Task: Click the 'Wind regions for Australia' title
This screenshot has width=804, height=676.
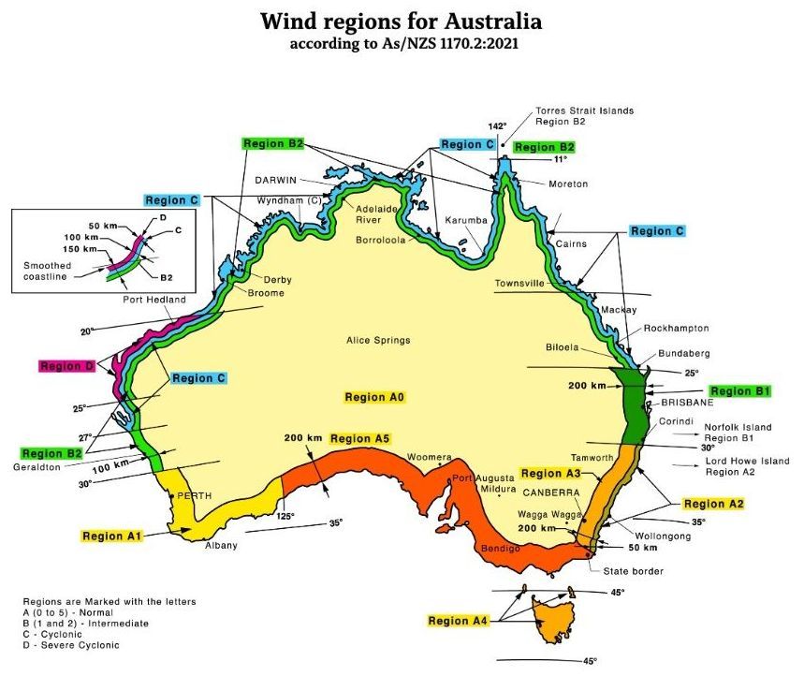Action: [x=401, y=22]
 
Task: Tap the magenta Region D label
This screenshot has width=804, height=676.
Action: [x=67, y=366]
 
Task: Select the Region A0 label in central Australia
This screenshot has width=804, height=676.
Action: [x=373, y=397]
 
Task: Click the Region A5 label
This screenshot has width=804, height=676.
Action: [x=359, y=438]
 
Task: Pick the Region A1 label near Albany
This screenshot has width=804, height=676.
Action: [x=110, y=536]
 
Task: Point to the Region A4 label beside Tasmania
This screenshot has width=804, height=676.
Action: [x=457, y=621]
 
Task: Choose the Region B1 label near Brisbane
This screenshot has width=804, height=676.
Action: [x=738, y=390]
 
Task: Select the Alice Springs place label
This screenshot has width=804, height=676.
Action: [x=378, y=341]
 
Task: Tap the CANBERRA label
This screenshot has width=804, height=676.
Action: [x=550, y=492]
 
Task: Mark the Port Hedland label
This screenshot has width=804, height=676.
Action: [x=154, y=300]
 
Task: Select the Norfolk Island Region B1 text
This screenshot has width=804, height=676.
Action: [x=738, y=433]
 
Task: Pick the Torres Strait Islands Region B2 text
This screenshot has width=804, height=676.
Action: [x=584, y=116]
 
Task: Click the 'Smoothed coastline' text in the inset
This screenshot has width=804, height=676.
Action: [x=47, y=271]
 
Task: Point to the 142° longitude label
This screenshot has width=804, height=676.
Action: [x=496, y=125]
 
